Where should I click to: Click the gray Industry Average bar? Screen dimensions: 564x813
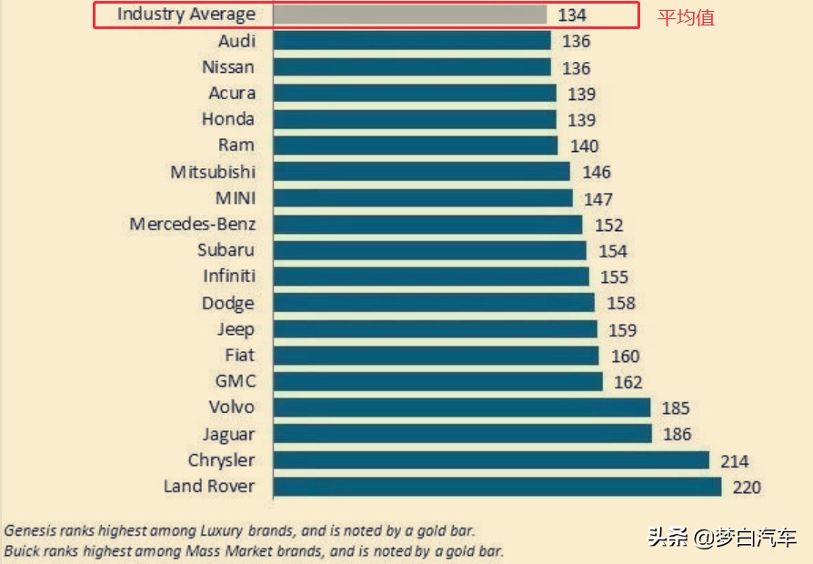point(409,15)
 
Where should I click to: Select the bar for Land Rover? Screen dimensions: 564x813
point(497,487)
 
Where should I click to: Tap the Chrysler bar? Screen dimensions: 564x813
point(490,460)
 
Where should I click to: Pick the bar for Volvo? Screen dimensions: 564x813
point(461,408)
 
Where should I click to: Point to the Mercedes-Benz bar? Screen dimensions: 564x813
point(427,225)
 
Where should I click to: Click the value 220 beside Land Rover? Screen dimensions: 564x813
point(746,488)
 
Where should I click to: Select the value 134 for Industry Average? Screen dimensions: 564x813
point(572,15)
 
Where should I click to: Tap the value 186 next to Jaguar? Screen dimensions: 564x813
point(677,435)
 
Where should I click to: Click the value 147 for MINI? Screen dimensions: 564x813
point(598,199)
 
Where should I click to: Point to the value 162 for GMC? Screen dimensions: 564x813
point(627,382)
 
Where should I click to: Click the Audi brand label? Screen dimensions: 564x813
point(236,41)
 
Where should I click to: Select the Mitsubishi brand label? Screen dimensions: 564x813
point(213,172)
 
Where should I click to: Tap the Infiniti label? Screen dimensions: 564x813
point(229,277)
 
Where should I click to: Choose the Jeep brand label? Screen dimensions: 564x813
point(236,329)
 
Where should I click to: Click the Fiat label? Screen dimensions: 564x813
point(240,356)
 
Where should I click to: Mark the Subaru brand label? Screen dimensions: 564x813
point(226,250)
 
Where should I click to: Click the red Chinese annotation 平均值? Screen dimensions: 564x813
point(686,17)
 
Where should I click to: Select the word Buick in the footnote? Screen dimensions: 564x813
point(24,551)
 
